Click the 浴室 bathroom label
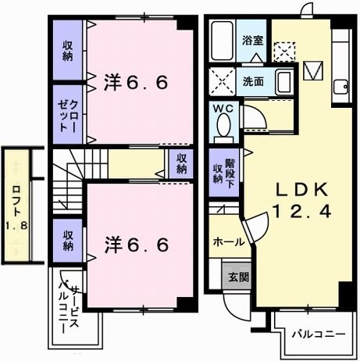pyautogui.click(x=251, y=39)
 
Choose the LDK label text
pyautogui.click(x=294, y=189)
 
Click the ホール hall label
pyautogui.click(x=228, y=242)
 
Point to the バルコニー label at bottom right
pyautogui.click(x=318, y=334)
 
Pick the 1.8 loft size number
pyautogui.click(x=16, y=227)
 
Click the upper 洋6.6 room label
pyautogui.click(x=137, y=80)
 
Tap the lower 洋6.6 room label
pyautogui.click(x=137, y=245)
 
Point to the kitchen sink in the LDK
pyautogui.click(x=340, y=88)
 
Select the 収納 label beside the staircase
pyautogui.click(x=180, y=163)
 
